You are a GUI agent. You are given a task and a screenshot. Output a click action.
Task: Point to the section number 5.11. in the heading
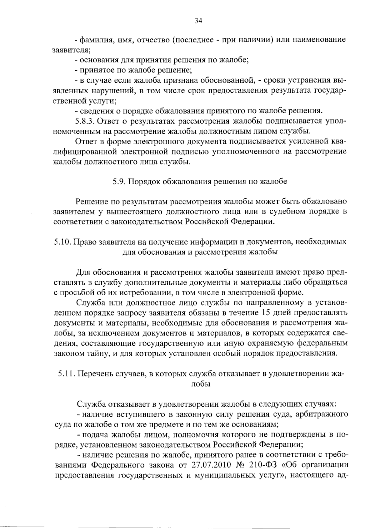point(66,374)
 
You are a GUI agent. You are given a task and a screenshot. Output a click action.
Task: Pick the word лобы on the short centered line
point(200,384)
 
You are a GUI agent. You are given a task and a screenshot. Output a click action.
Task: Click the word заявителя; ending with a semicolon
point(72,50)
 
